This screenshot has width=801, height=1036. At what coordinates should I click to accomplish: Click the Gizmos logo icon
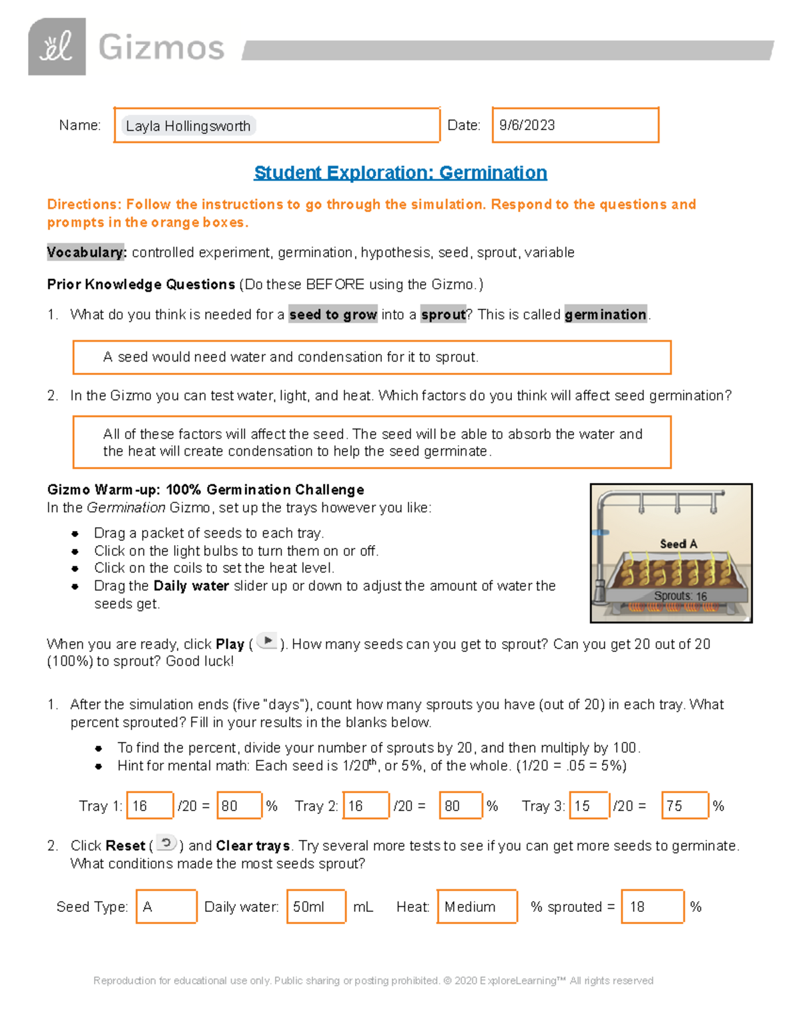pyautogui.click(x=57, y=47)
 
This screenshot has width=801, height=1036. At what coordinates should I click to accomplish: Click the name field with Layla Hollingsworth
pyautogui.click(x=276, y=125)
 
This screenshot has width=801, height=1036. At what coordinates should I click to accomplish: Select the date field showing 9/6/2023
pyautogui.click(x=575, y=125)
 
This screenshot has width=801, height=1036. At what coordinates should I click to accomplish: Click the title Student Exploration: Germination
pyautogui.click(x=400, y=173)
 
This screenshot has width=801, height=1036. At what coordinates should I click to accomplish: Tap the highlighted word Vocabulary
pyautogui.click(x=86, y=252)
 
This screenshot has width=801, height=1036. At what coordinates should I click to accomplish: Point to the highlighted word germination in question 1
pyautogui.click(x=605, y=314)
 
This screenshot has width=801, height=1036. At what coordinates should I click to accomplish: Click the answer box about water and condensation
pyautogui.click(x=371, y=358)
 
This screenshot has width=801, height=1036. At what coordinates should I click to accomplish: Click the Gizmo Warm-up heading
pyautogui.click(x=206, y=490)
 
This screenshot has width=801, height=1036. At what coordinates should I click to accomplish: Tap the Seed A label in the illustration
pyautogui.click(x=678, y=544)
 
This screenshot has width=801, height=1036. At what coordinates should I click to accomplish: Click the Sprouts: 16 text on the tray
pyautogui.click(x=680, y=596)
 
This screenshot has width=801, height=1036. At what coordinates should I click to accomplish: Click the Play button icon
pyautogui.click(x=267, y=641)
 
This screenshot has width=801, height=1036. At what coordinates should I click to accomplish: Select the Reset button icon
pyautogui.click(x=166, y=843)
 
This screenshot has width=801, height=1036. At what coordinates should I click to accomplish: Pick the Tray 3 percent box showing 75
pyautogui.click(x=685, y=805)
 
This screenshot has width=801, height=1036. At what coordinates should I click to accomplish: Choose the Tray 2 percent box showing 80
pyautogui.click(x=461, y=805)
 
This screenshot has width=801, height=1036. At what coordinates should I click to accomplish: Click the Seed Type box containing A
pyautogui.click(x=166, y=907)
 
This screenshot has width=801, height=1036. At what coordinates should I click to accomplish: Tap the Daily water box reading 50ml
pyautogui.click(x=316, y=907)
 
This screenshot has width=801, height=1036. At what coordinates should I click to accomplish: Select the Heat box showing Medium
pyautogui.click(x=477, y=907)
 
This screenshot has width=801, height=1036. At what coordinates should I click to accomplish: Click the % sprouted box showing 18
pyautogui.click(x=652, y=907)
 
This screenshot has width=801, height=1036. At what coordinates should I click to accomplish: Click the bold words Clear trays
pyautogui.click(x=253, y=846)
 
